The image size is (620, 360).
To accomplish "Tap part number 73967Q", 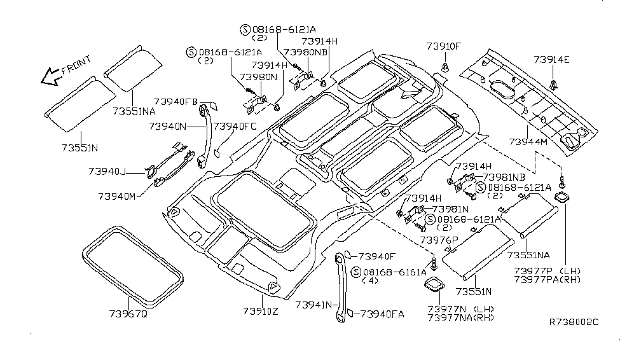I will [x=128, y=313].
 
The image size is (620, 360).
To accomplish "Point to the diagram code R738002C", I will [x=574, y=322].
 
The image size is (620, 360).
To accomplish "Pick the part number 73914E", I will [x=551, y=60].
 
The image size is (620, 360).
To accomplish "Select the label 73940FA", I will [x=382, y=314].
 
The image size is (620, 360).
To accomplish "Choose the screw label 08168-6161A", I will [x=395, y=272].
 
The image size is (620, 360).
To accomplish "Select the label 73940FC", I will [x=235, y=127].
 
